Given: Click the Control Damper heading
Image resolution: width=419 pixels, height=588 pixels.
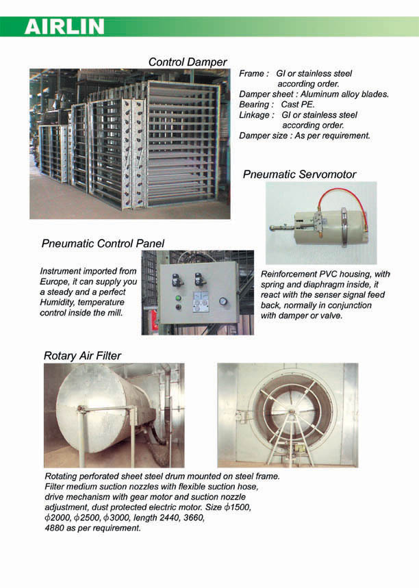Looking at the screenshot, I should [x=188, y=62].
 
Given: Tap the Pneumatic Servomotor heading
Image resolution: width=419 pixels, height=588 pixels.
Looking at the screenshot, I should [x=299, y=175].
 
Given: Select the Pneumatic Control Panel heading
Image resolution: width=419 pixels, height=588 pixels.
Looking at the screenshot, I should [x=103, y=243].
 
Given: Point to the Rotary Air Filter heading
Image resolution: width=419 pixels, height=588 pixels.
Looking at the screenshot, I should [x=82, y=355].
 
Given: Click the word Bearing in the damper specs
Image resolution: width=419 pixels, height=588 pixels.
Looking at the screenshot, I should [x=255, y=105].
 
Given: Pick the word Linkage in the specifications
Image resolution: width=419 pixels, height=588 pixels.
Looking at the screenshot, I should [x=255, y=115].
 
